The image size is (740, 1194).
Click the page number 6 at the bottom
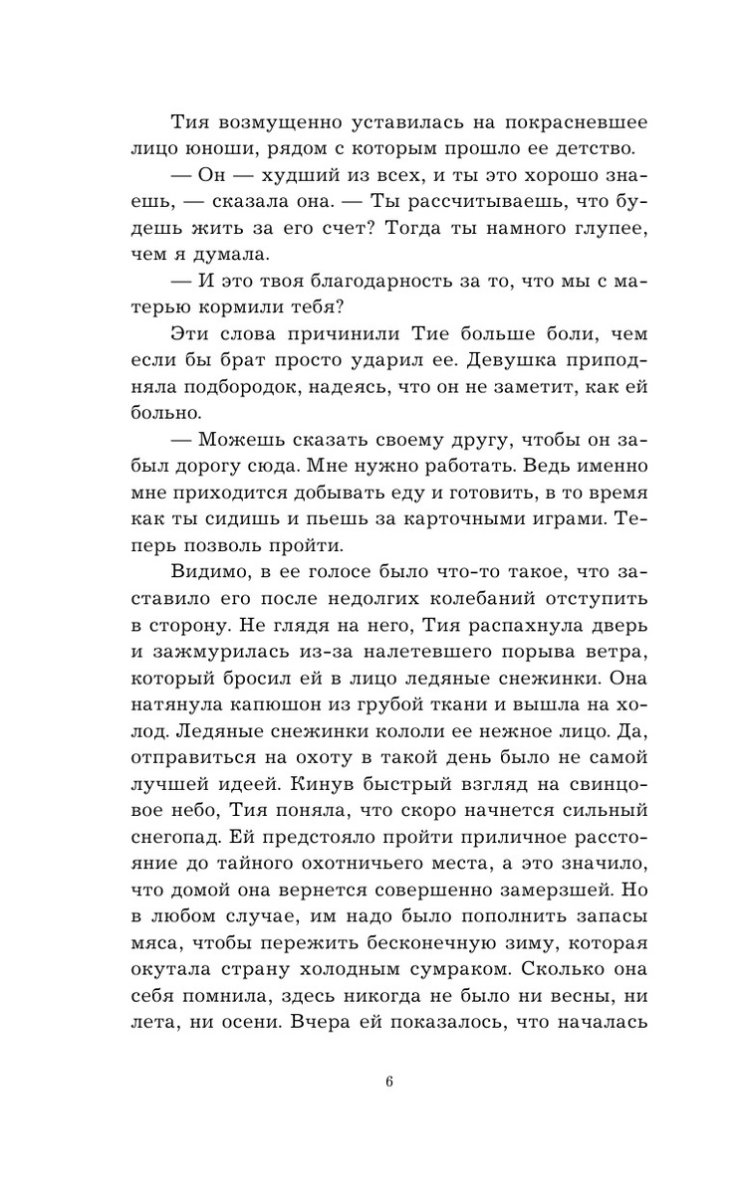(389, 1084)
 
